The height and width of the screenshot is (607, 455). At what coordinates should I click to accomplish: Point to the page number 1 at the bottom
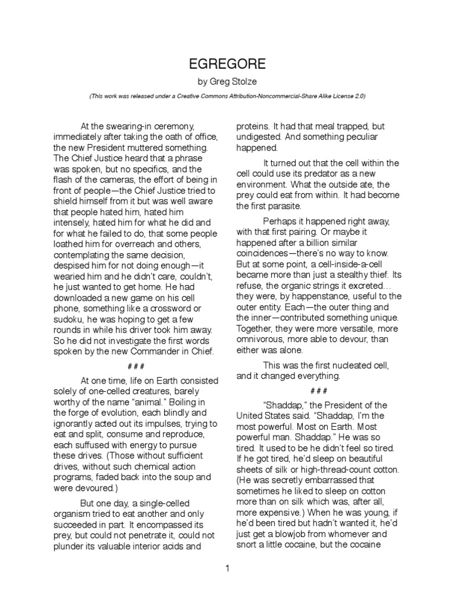coord(227,568)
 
